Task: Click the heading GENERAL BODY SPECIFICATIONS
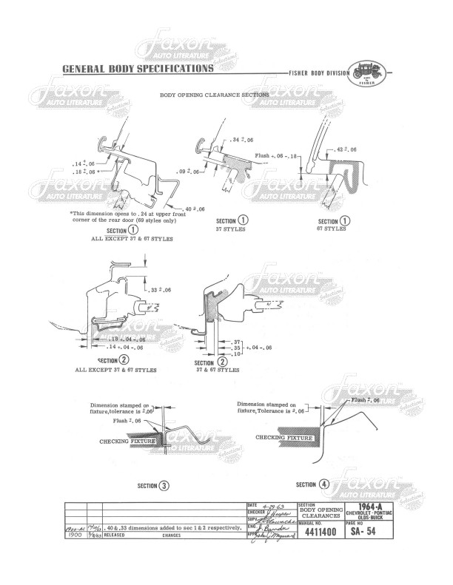pyautogui.click(x=138, y=69)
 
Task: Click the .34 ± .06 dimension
pyautogui.click(x=241, y=139)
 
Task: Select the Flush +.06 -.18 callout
pyautogui.click(x=276, y=157)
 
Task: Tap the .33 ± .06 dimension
pyautogui.click(x=158, y=289)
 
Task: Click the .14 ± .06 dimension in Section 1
pyautogui.click(x=84, y=163)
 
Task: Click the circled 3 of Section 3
pyautogui.click(x=164, y=486)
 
